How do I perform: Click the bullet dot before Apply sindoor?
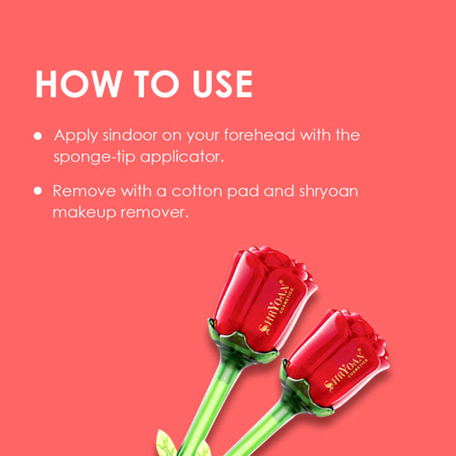click(x=38, y=136)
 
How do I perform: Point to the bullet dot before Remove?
click(x=38, y=191)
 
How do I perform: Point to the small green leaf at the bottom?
click(x=165, y=442)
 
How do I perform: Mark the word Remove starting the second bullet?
click(x=84, y=191)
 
